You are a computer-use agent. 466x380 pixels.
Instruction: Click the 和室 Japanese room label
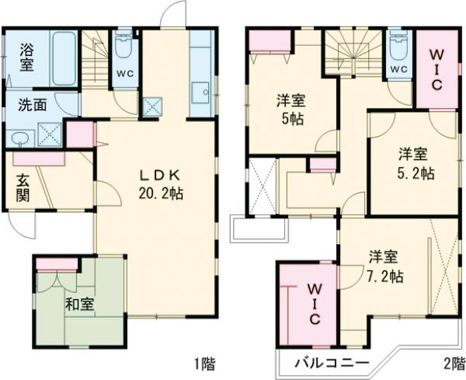pyautogui.click(x=79, y=303)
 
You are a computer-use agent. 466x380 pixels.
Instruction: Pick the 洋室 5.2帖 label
pyautogui.click(x=412, y=162)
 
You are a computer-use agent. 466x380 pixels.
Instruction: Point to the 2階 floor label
pyautogui.click(x=452, y=363)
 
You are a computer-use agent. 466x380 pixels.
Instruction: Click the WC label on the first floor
pyautogui.click(x=124, y=74)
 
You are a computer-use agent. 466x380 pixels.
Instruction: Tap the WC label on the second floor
pyautogui.click(x=398, y=69)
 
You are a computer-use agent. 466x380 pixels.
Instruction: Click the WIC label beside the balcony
pyautogui.click(x=315, y=303)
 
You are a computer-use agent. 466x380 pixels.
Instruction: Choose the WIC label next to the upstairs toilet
pyautogui.click(x=436, y=68)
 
